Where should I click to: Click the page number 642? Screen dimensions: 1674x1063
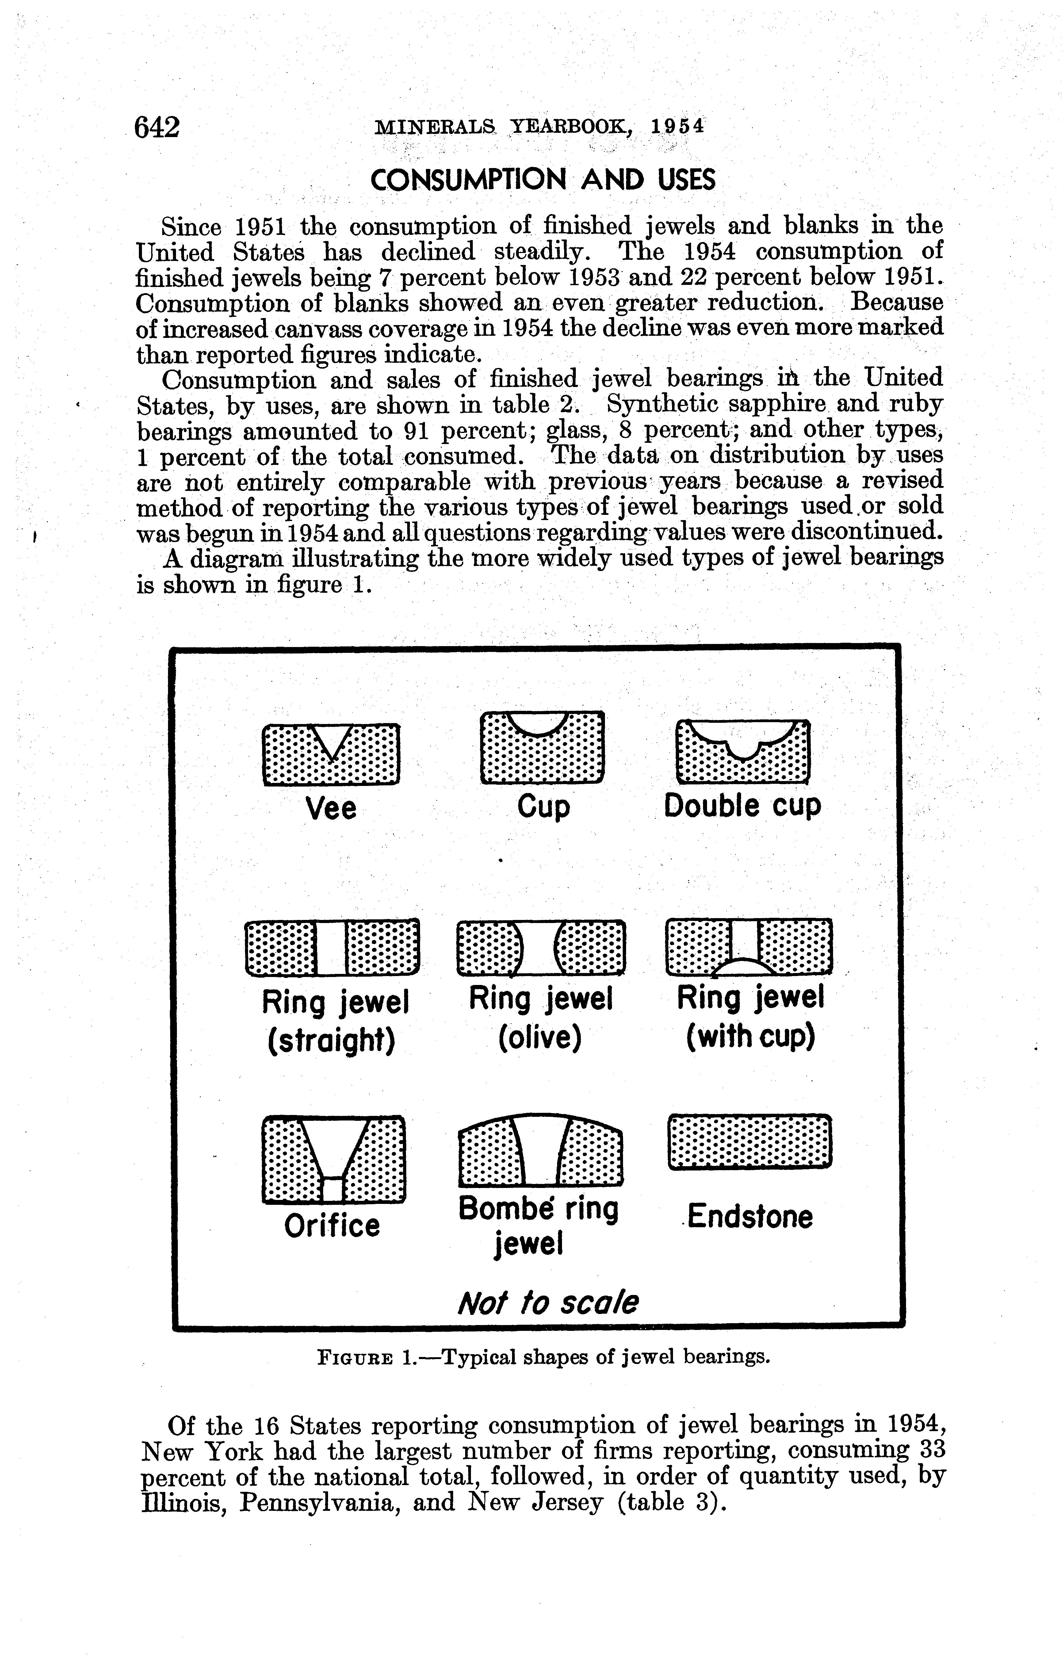pyautogui.click(x=158, y=127)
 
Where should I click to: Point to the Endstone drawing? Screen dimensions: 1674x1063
pyautogui.click(x=749, y=1141)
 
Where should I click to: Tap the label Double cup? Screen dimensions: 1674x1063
pyautogui.click(x=743, y=806)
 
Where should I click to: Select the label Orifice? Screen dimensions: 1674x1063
pyautogui.click(x=332, y=1226)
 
